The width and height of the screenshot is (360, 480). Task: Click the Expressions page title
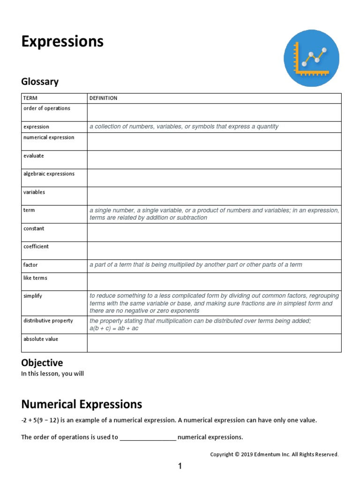62,42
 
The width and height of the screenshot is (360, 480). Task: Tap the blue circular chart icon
311,59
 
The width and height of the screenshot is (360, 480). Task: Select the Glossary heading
40,82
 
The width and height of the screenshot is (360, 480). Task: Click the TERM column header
30,98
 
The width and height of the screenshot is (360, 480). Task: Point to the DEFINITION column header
104,98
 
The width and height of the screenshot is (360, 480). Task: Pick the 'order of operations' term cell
47,108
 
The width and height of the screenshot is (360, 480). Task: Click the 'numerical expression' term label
49,137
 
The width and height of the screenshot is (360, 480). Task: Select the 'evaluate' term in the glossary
34,156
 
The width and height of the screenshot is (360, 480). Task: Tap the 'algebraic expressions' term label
49,173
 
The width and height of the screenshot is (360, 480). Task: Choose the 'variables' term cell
34,192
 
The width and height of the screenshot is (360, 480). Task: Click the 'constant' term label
34,228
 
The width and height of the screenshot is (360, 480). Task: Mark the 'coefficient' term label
36,247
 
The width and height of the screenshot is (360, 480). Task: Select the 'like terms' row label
35,278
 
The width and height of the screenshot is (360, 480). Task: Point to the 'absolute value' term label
41,339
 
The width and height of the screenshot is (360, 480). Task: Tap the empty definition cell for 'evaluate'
214,160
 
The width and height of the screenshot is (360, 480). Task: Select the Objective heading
42,363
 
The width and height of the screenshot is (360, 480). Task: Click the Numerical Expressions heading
82,404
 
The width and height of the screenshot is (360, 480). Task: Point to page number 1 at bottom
180,466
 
